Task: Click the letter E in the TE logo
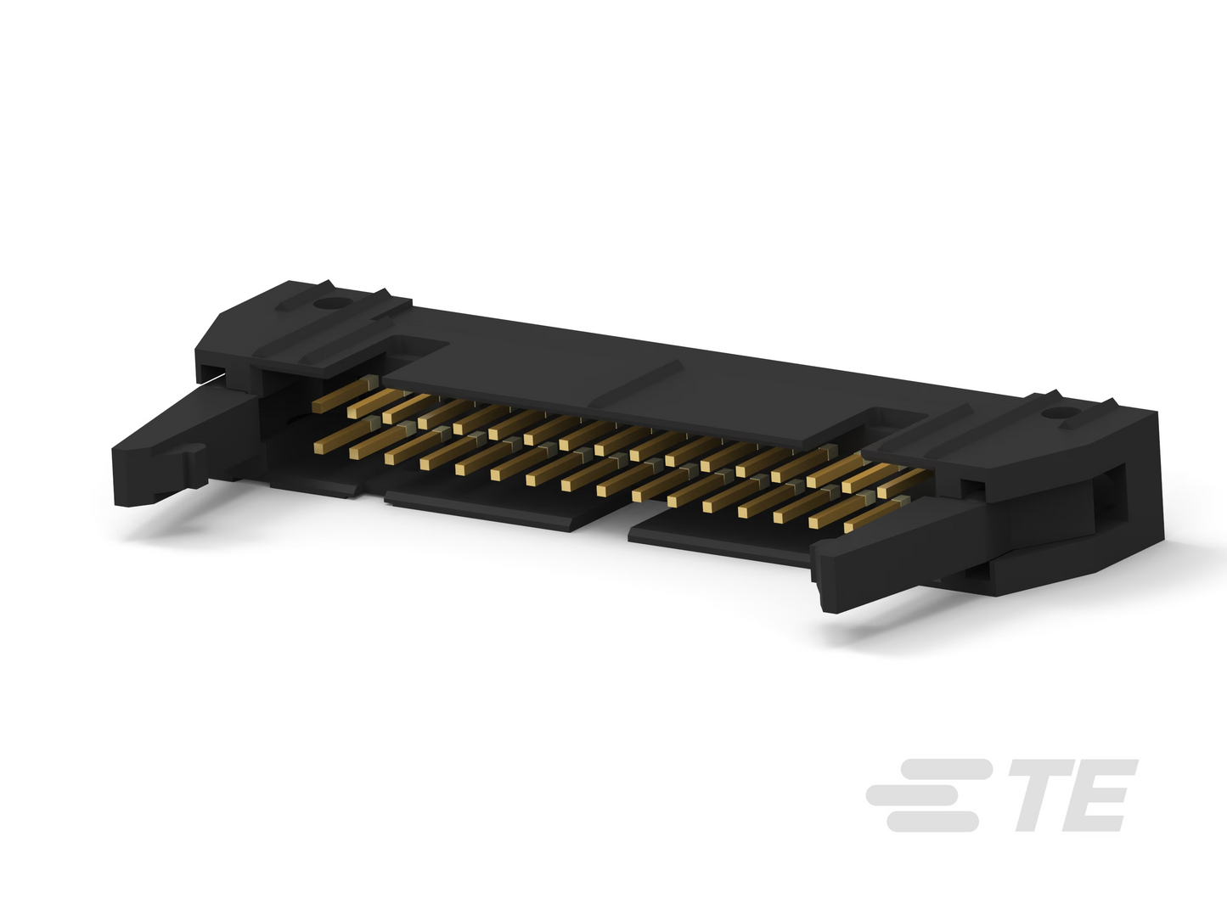[x=1099, y=795]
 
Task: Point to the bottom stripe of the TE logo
[x=932, y=822]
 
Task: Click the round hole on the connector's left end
[x=324, y=304]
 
